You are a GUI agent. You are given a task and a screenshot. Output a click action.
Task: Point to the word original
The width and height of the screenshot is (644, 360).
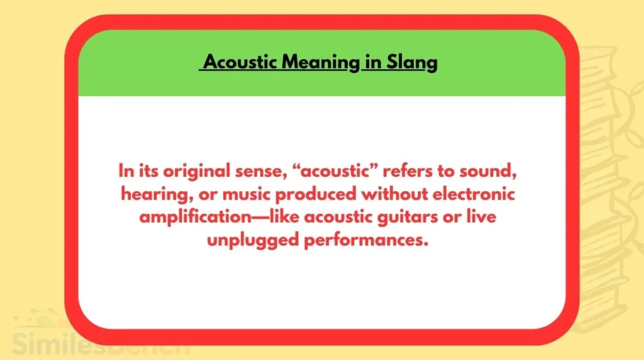pyautogui.click(x=203, y=171)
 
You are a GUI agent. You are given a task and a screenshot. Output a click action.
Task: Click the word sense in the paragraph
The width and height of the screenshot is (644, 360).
pyautogui.click(x=265, y=171)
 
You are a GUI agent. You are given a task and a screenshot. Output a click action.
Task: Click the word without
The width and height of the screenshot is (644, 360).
pyautogui.click(x=382, y=194)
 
